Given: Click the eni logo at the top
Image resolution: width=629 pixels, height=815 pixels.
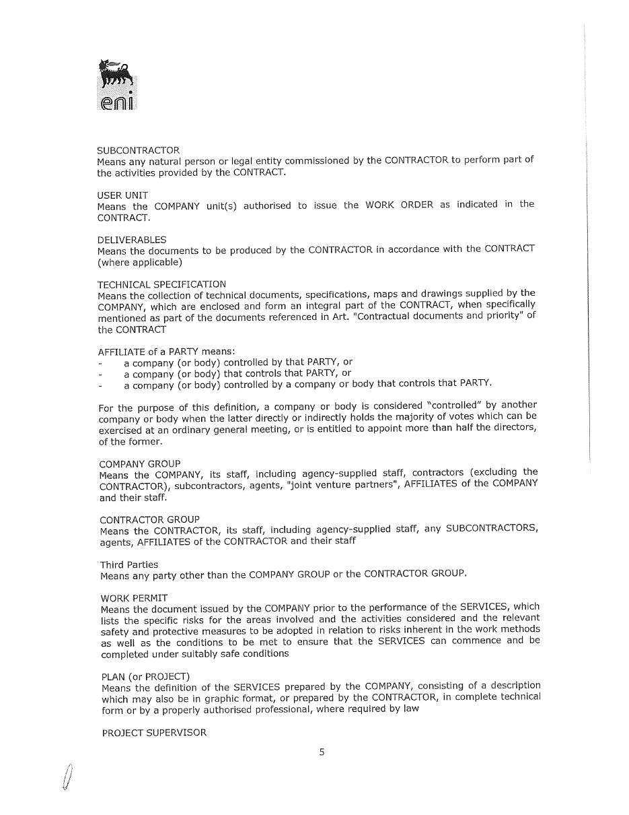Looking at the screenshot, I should point(117,85).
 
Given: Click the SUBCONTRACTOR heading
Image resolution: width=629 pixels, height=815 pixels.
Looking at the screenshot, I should point(138,150).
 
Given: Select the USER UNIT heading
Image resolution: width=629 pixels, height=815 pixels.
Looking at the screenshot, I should point(122,195).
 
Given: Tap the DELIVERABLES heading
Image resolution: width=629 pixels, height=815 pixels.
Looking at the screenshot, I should point(132,240).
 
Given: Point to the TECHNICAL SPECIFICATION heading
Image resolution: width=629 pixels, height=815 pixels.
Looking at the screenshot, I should point(161,284).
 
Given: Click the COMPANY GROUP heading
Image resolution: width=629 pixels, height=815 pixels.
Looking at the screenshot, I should point(139,464).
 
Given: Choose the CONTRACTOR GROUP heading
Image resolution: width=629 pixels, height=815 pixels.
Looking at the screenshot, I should point(149,519).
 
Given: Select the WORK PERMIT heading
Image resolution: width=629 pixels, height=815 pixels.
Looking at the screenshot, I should point(134,598).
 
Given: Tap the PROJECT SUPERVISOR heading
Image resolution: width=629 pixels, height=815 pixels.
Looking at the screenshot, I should point(154,733).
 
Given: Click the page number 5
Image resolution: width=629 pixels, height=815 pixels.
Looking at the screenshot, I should point(322,752).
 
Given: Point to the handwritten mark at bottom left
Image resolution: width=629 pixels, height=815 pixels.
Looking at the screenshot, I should point(67,778).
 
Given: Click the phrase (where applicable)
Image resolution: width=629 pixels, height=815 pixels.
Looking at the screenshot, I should point(139,262).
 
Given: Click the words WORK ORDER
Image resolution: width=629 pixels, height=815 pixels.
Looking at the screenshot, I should point(399,205).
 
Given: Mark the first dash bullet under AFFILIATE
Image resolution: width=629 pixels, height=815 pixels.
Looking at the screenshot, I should point(100,362).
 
